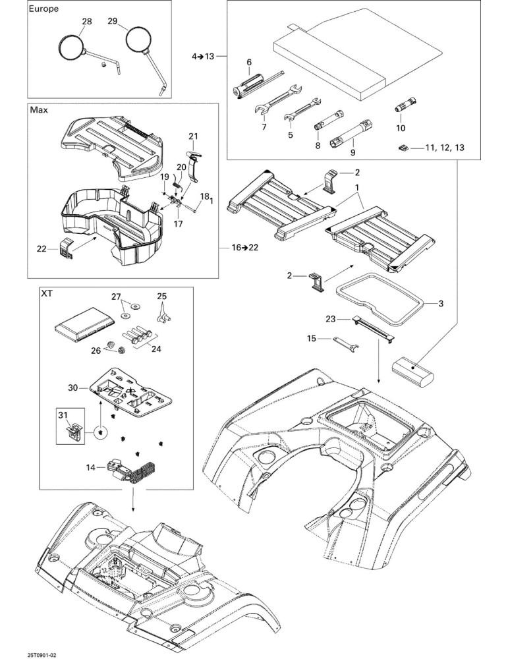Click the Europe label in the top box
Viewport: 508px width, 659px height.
pos(43,9)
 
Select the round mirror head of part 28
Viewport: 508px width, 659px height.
pos(71,47)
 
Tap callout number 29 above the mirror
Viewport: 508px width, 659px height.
pos(112,20)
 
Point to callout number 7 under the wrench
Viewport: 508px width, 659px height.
pos(264,127)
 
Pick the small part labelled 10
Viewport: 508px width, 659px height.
pos(406,105)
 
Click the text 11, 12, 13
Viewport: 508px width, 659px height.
pos(445,148)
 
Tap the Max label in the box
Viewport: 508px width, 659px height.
pos(39,110)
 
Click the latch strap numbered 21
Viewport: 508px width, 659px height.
pos(193,165)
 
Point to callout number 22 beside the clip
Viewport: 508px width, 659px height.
pos(41,249)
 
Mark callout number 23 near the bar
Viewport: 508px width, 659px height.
pos(331,319)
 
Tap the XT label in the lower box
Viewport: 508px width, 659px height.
pos(47,293)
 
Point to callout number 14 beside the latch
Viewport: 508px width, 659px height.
pos(91,467)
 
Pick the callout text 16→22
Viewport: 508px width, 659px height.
pos(245,247)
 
